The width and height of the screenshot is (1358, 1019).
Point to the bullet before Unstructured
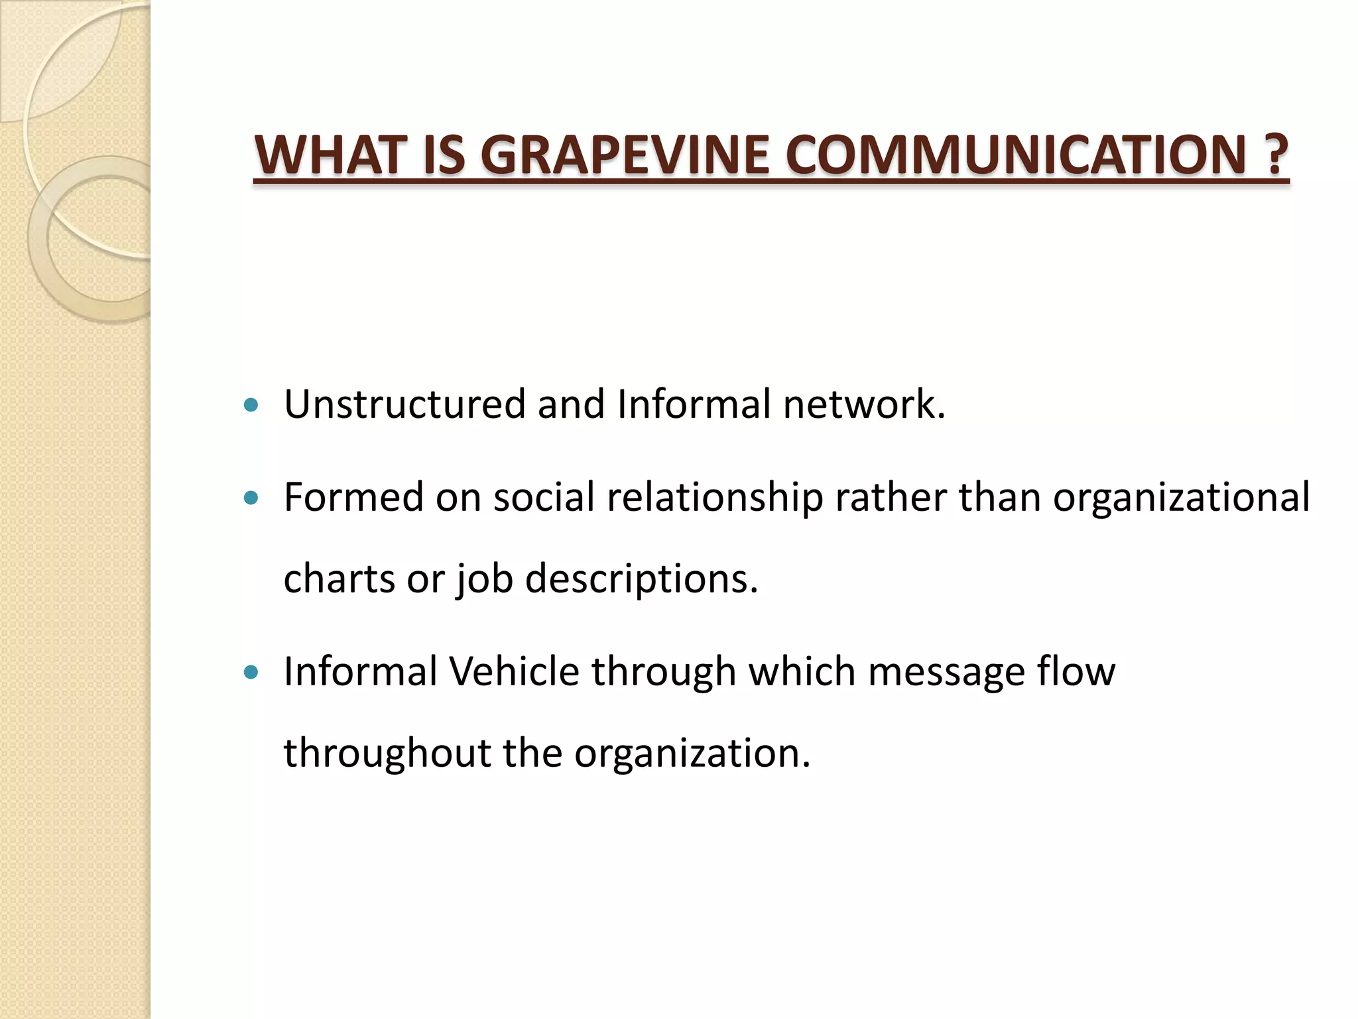pos(251,405)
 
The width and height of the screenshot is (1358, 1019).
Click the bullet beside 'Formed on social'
pos(251,498)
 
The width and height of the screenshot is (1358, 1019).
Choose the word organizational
pos(1181,497)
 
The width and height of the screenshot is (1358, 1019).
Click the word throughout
pos(387,754)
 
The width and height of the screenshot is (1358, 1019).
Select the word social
pos(544,497)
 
